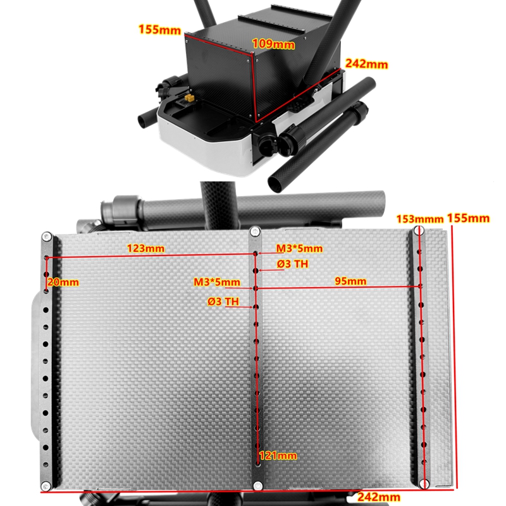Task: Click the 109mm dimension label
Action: (273, 44)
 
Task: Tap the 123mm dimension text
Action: (145, 248)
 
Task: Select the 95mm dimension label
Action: (350, 281)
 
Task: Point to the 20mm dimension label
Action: (63, 282)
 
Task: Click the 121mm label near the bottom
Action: (278, 455)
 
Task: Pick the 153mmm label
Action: (420, 219)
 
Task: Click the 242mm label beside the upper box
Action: (367, 64)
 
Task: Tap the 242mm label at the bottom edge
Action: (379, 497)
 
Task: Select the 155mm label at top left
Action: (159, 30)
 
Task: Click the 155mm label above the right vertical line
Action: (468, 218)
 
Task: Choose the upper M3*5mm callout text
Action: (299, 248)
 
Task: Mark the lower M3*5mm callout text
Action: (217, 281)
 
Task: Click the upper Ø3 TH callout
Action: (292, 264)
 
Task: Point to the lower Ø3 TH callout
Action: (223, 302)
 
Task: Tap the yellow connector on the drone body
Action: (189, 98)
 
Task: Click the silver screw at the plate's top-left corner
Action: (47, 237)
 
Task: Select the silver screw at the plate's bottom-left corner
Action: (46, 485)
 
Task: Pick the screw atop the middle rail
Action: (256, 231)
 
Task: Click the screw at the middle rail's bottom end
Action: (258, 485)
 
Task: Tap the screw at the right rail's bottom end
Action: (424, 483)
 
